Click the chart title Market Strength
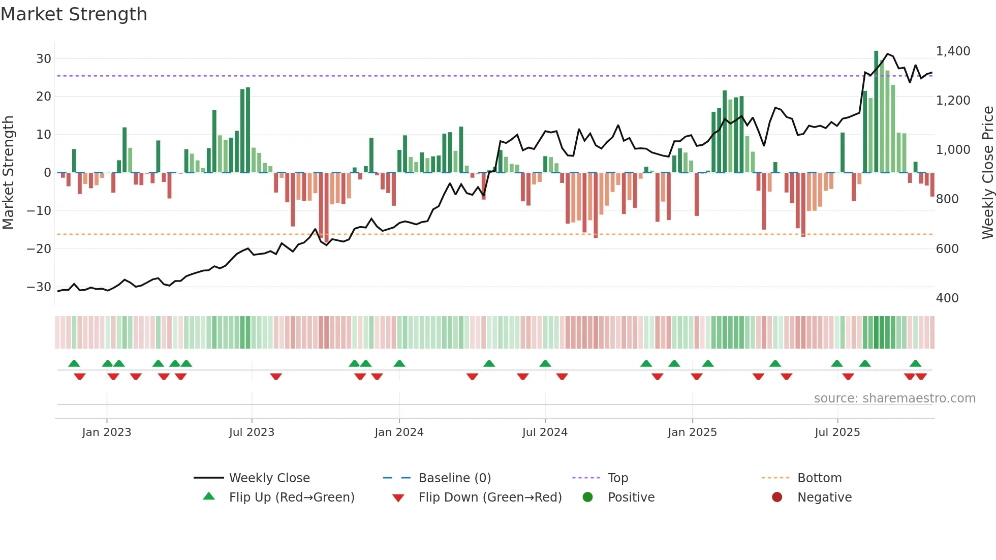pyautogui.click(x=74, y=14)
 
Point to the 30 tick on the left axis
pyautogui.click(x=43, y=58)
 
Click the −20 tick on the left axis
pyautogui.click(x=39, y=248)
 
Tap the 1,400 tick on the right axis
pyautogui.click(x=953, y=51)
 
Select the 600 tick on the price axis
pyautogui.click(x=947, y=248)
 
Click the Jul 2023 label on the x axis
pyautogui.click(x=252, y=432)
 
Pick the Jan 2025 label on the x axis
pyautogui.click(x=692, y=432)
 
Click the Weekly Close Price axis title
pyautogui.click(x=987, y=172)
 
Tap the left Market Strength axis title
pyautogui.click(x=8, y=172)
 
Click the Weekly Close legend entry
pyautogui.click(x=269, y=478)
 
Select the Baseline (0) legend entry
pyautogui.click(x=454, y=478)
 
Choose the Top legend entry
pyautogui.click(x=618, y=478)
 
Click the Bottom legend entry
pyautogui.click(x=819, y=478)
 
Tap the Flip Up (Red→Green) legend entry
pyautogui.click(x=291, y=497)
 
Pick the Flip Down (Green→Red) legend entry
pyautogui.click(x=490, y=497)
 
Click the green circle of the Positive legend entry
pyautogui.click(x=587, y=497)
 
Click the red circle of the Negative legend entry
pyautogui.click(x=777, y=497)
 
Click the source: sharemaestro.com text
pyautogui.click(x=894, y=398)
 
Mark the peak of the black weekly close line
pyautogui.click(x=888, y=54)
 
